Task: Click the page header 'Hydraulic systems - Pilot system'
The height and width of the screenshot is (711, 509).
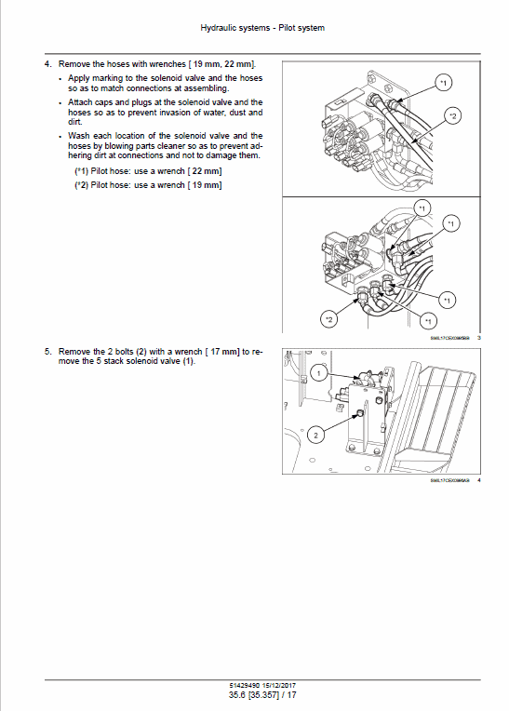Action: [262, 29]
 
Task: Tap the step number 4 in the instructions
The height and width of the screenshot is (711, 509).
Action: [47, 63]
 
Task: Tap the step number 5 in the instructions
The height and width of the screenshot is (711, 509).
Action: [47, 351]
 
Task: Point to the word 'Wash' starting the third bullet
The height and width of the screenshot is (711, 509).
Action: [78, 135]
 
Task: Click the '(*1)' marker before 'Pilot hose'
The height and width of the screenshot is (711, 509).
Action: [83, 171]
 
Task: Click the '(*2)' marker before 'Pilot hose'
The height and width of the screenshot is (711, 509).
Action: [83, 185]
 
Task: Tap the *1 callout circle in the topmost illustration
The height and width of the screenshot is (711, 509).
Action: [444, 85]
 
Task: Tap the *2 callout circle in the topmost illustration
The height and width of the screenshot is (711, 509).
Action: [452, 115]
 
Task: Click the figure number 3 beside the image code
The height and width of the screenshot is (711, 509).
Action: [478, 337]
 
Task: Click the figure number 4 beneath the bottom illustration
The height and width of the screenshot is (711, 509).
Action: [478, 480]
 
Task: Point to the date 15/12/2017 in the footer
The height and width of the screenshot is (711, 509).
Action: [278, 686]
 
